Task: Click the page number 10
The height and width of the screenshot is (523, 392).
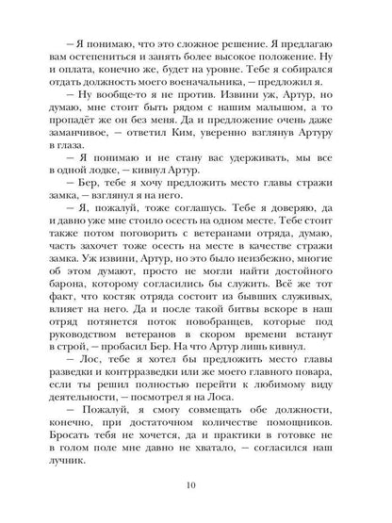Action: [195, 485]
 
